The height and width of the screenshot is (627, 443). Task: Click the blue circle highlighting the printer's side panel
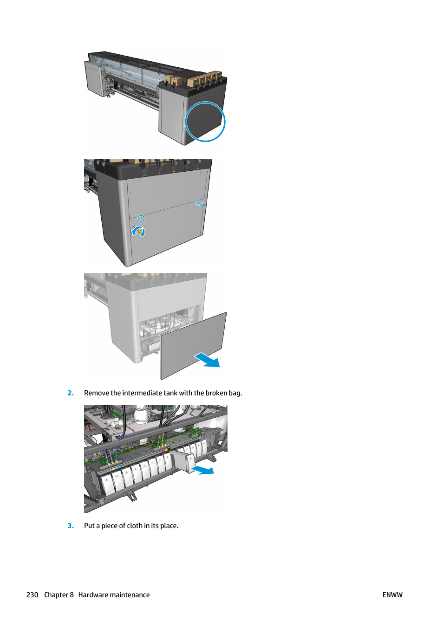click(x=205, y=122)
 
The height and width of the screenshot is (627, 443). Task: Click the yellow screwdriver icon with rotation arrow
click(x=138, y=231)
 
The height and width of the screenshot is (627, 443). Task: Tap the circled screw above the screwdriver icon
click(x=141, y=218)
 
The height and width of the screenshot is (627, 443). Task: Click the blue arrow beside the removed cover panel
click(x=208, y=360)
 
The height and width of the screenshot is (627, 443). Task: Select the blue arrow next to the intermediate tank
click(x=203, y=471)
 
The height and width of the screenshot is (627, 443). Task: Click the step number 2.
click(x=71, y=393)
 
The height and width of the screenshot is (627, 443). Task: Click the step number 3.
click(x=71, y=526)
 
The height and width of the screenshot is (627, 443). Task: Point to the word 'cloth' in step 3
click(x=134, y=526)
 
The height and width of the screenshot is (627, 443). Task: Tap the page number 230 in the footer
click(x=32, y=595)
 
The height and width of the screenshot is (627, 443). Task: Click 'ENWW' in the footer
click(x=392, y=595)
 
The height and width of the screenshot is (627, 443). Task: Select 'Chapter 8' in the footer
click(x=59, y=595)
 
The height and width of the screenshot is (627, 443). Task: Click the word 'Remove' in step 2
click(x=96, y=393)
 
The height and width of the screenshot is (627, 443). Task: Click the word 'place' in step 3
click(x=169, y=526)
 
